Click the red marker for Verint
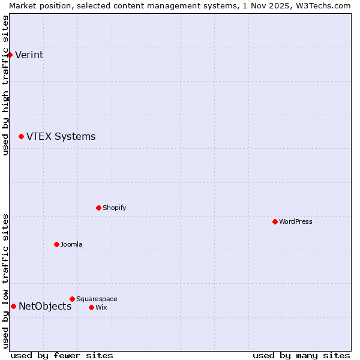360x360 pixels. coord(10,55)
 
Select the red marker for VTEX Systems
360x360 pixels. coord(21,137)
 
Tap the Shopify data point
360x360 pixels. coord(98,208)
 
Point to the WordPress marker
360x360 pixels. coord(275,222)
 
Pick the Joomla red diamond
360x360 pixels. coord(56,245)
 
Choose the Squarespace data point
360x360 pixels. coord(72,299)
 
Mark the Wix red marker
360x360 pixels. coord(91,308)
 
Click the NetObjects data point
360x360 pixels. coord(13,307)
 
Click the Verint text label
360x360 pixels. coord(29,55)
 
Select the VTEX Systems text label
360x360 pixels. coord(61,137)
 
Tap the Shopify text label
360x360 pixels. coord(114,208)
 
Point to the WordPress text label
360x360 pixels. coord(295,222)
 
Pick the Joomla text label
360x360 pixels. coord(71,245)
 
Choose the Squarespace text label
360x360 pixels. coord(97,299)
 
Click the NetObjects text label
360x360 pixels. coord(45,307)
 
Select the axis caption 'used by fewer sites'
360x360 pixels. coord(62,356)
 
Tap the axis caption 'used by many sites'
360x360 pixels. coord(301,356)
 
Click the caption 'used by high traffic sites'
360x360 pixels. coord(5,85)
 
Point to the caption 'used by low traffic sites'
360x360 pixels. coord(5,281)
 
